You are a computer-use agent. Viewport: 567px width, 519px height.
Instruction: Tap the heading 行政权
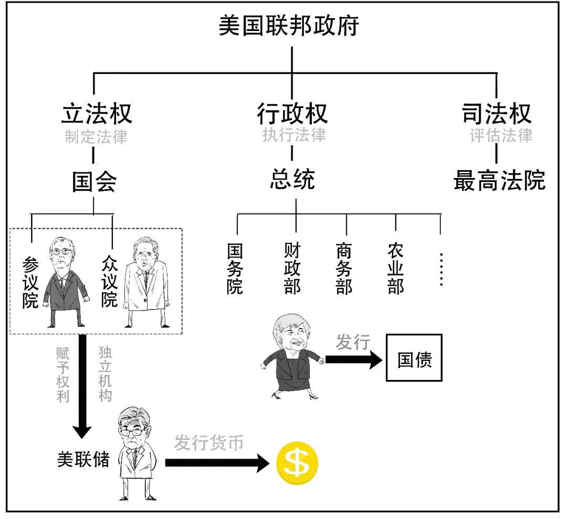292,113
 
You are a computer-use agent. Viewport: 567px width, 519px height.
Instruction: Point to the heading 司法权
497,113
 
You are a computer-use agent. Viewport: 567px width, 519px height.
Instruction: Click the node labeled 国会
94,182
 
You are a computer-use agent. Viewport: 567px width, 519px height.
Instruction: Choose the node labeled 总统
292,180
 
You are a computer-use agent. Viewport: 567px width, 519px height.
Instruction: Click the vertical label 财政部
292,268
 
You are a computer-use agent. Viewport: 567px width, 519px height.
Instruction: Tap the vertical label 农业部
395,268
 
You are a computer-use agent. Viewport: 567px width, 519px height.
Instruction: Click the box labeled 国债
414,358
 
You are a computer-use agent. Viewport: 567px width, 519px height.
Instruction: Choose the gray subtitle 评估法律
501,135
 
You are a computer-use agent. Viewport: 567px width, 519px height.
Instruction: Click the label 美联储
83,459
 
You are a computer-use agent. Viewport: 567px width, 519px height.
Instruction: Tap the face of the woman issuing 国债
289,336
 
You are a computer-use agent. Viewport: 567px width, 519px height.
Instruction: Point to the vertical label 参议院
30,282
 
